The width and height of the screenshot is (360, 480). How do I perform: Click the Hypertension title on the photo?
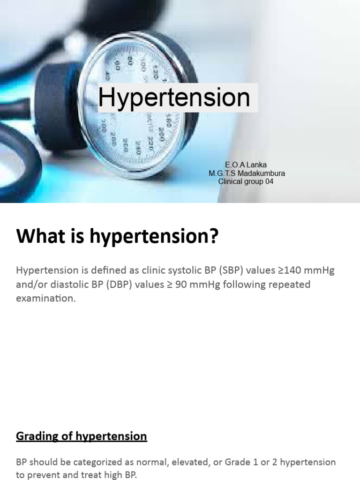tap(174, 97)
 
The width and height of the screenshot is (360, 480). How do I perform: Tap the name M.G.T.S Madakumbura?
tap(247, 173)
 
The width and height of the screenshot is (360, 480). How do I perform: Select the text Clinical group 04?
tap(246, 181)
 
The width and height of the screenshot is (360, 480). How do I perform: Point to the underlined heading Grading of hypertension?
tap(82, 436)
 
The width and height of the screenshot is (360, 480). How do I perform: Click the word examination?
tap(45, 299)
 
